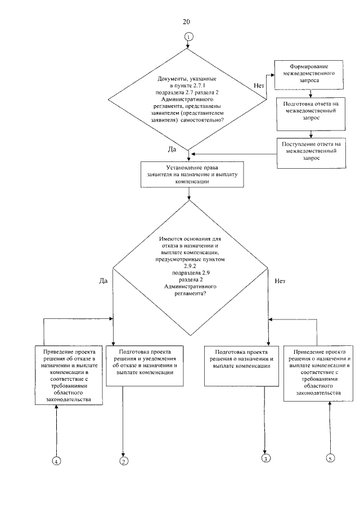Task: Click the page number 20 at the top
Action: click(186, 22)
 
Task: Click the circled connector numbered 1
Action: click(188, 37)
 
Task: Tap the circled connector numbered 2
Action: click(124, 461)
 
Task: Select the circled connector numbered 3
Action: click(265, 458)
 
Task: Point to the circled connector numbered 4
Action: click(56, 461)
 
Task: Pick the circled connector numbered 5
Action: click(330, 458)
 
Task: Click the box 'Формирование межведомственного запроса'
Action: click(309, 75)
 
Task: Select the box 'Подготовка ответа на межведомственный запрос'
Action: click(311, 114)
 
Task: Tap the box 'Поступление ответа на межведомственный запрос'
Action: click(311, 153)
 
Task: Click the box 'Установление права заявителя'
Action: click(192, 175)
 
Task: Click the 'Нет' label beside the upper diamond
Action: click(259, 85)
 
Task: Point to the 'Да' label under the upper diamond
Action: click(172, 149)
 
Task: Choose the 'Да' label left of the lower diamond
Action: click(103, 281)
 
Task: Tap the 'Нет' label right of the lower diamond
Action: click(280, 281)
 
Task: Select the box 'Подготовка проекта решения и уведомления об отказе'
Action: click(145, 366)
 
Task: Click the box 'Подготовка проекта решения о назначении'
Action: click(241, 366)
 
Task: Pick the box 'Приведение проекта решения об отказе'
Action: click(69, 375)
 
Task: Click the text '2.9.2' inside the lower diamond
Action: click(190, 266)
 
